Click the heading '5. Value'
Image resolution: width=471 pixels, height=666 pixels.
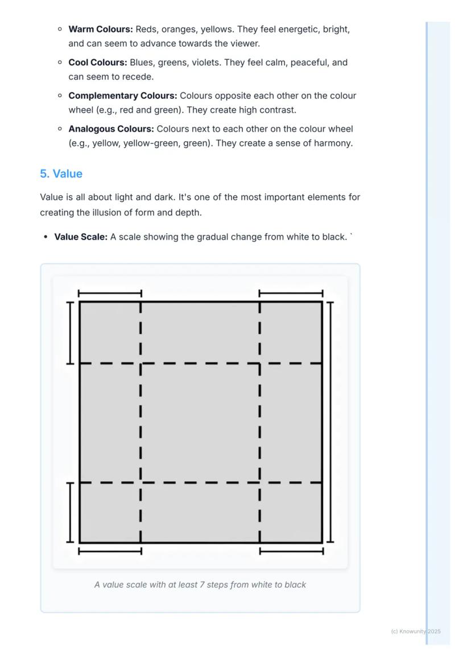coord(61,174)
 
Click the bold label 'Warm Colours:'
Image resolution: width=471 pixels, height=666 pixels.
coord(101,29)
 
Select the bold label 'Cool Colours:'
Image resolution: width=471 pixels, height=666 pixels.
coord(98,63)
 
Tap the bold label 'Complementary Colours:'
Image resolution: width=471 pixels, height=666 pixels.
coord(123,96)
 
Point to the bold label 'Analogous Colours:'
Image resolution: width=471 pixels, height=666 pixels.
coord(111,129)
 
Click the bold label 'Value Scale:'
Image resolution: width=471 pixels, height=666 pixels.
coord(81,237)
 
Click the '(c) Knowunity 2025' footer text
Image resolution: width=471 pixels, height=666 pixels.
coord(416,631)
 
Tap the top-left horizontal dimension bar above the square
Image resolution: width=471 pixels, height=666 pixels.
coord(110,293)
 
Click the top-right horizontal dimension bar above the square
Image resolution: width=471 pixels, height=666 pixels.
coord(291,293)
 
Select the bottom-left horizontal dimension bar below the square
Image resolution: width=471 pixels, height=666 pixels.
coord(110,551)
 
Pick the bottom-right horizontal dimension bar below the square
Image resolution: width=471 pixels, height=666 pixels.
coord(291,551)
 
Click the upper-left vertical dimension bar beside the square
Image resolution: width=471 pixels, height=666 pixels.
coord(70,333)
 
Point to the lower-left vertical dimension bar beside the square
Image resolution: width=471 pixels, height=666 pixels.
coord(70,512)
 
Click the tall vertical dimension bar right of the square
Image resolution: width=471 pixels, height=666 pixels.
coord(330,422)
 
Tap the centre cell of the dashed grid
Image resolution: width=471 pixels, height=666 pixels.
coord(200,423)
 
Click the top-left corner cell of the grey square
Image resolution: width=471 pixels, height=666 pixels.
coord(110,333)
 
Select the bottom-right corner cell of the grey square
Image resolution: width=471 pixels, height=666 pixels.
coord(291,512)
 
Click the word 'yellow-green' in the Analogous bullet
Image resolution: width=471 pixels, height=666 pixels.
coord(150,143)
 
